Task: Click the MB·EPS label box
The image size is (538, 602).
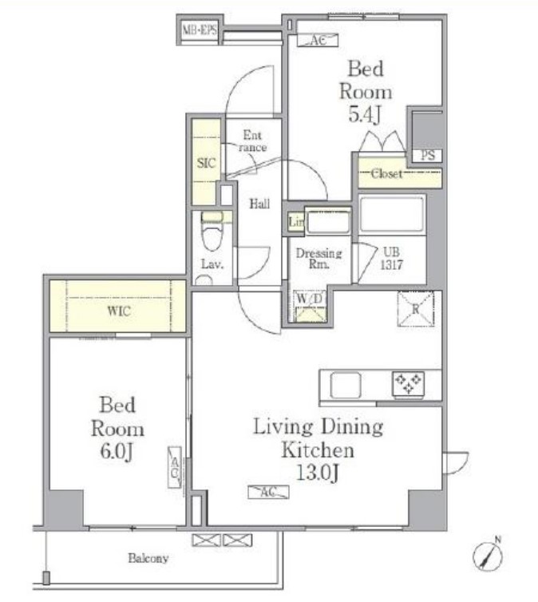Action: [x=200, y=30]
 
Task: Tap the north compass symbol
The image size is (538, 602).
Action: [x=488, y=555]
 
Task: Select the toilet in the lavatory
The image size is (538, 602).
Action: [x=212, y=237]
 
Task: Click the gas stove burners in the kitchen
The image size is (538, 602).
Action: [x=409, y=383]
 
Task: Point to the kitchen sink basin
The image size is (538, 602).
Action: [x=346, y=385]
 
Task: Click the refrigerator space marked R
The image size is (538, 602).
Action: [x=416, y=309]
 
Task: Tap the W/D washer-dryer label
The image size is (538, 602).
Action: [x=310, y=298]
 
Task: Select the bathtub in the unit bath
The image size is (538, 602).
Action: [x=392, y=214]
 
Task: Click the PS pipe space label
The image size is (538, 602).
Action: [x=428, y=156]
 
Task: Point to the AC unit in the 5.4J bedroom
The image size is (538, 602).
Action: [x=318, y=40]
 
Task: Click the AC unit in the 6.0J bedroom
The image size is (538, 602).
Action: [x=175, y=467]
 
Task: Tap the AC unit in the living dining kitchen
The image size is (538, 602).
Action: [x=269, y=492]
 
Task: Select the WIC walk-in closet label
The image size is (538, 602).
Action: [x=119, y=311]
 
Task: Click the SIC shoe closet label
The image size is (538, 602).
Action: [x=206, y=163]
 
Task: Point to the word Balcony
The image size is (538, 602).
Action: [x=148, y=558]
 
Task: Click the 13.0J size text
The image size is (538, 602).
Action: [x=318, y=473]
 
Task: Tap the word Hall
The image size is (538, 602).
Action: [x=259, y=204]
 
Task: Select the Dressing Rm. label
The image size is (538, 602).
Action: [x=318, y=259]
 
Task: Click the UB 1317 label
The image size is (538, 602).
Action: [x=391, y=259]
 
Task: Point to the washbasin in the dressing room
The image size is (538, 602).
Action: [x=329, y=222]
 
